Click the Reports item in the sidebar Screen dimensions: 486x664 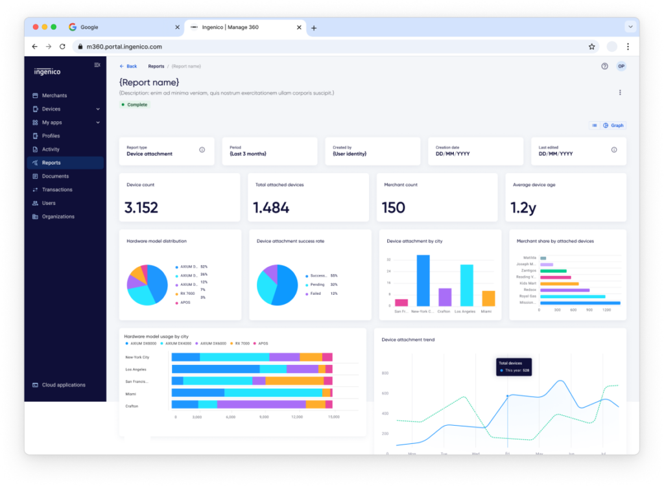click(x=51, y=163)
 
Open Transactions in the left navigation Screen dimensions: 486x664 click(x=57, y=190)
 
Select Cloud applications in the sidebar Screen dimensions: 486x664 click(x=64, y=385)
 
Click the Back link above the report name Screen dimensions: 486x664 click(x=128, y=66)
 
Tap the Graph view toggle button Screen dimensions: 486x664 click(x=613, y=125)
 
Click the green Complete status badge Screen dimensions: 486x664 click(x=134, y=104)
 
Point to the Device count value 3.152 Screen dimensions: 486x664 click(x=141, y=207)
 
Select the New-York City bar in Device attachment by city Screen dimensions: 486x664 click(x=423, y=280)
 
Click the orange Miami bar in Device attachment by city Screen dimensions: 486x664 click(x=488, y=298)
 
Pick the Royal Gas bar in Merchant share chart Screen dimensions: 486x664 click(x=573, y=296)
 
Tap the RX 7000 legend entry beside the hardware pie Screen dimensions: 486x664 click(x=189, y=294)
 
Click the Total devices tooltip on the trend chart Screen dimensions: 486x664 click(x=514, y=367)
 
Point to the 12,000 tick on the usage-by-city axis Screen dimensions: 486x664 click(x=297, y=417)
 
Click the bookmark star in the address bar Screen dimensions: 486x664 click(x=591, y=47)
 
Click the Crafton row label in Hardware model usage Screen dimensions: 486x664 click(x=132, y=406)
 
